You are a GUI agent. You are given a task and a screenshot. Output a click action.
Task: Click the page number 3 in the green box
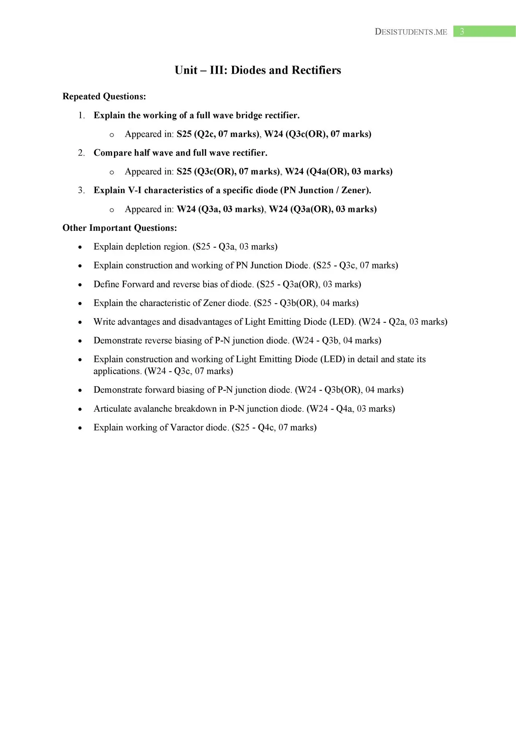click(x=462, y=32)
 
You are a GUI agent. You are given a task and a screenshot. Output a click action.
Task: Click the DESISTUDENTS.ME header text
click(x=411, y=32)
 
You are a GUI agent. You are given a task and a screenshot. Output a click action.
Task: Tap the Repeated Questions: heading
click(x=104, y=97)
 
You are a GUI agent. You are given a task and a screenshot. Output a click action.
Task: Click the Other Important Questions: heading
click(x=120, y=228)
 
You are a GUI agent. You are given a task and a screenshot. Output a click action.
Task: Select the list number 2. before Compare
click(x=81, y=153)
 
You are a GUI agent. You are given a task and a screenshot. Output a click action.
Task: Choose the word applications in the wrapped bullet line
click(x=117, y=371)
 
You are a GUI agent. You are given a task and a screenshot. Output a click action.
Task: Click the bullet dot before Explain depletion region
click(x=80, y=248)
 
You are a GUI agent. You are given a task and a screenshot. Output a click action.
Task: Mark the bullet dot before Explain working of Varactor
click(x=80, y=428)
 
